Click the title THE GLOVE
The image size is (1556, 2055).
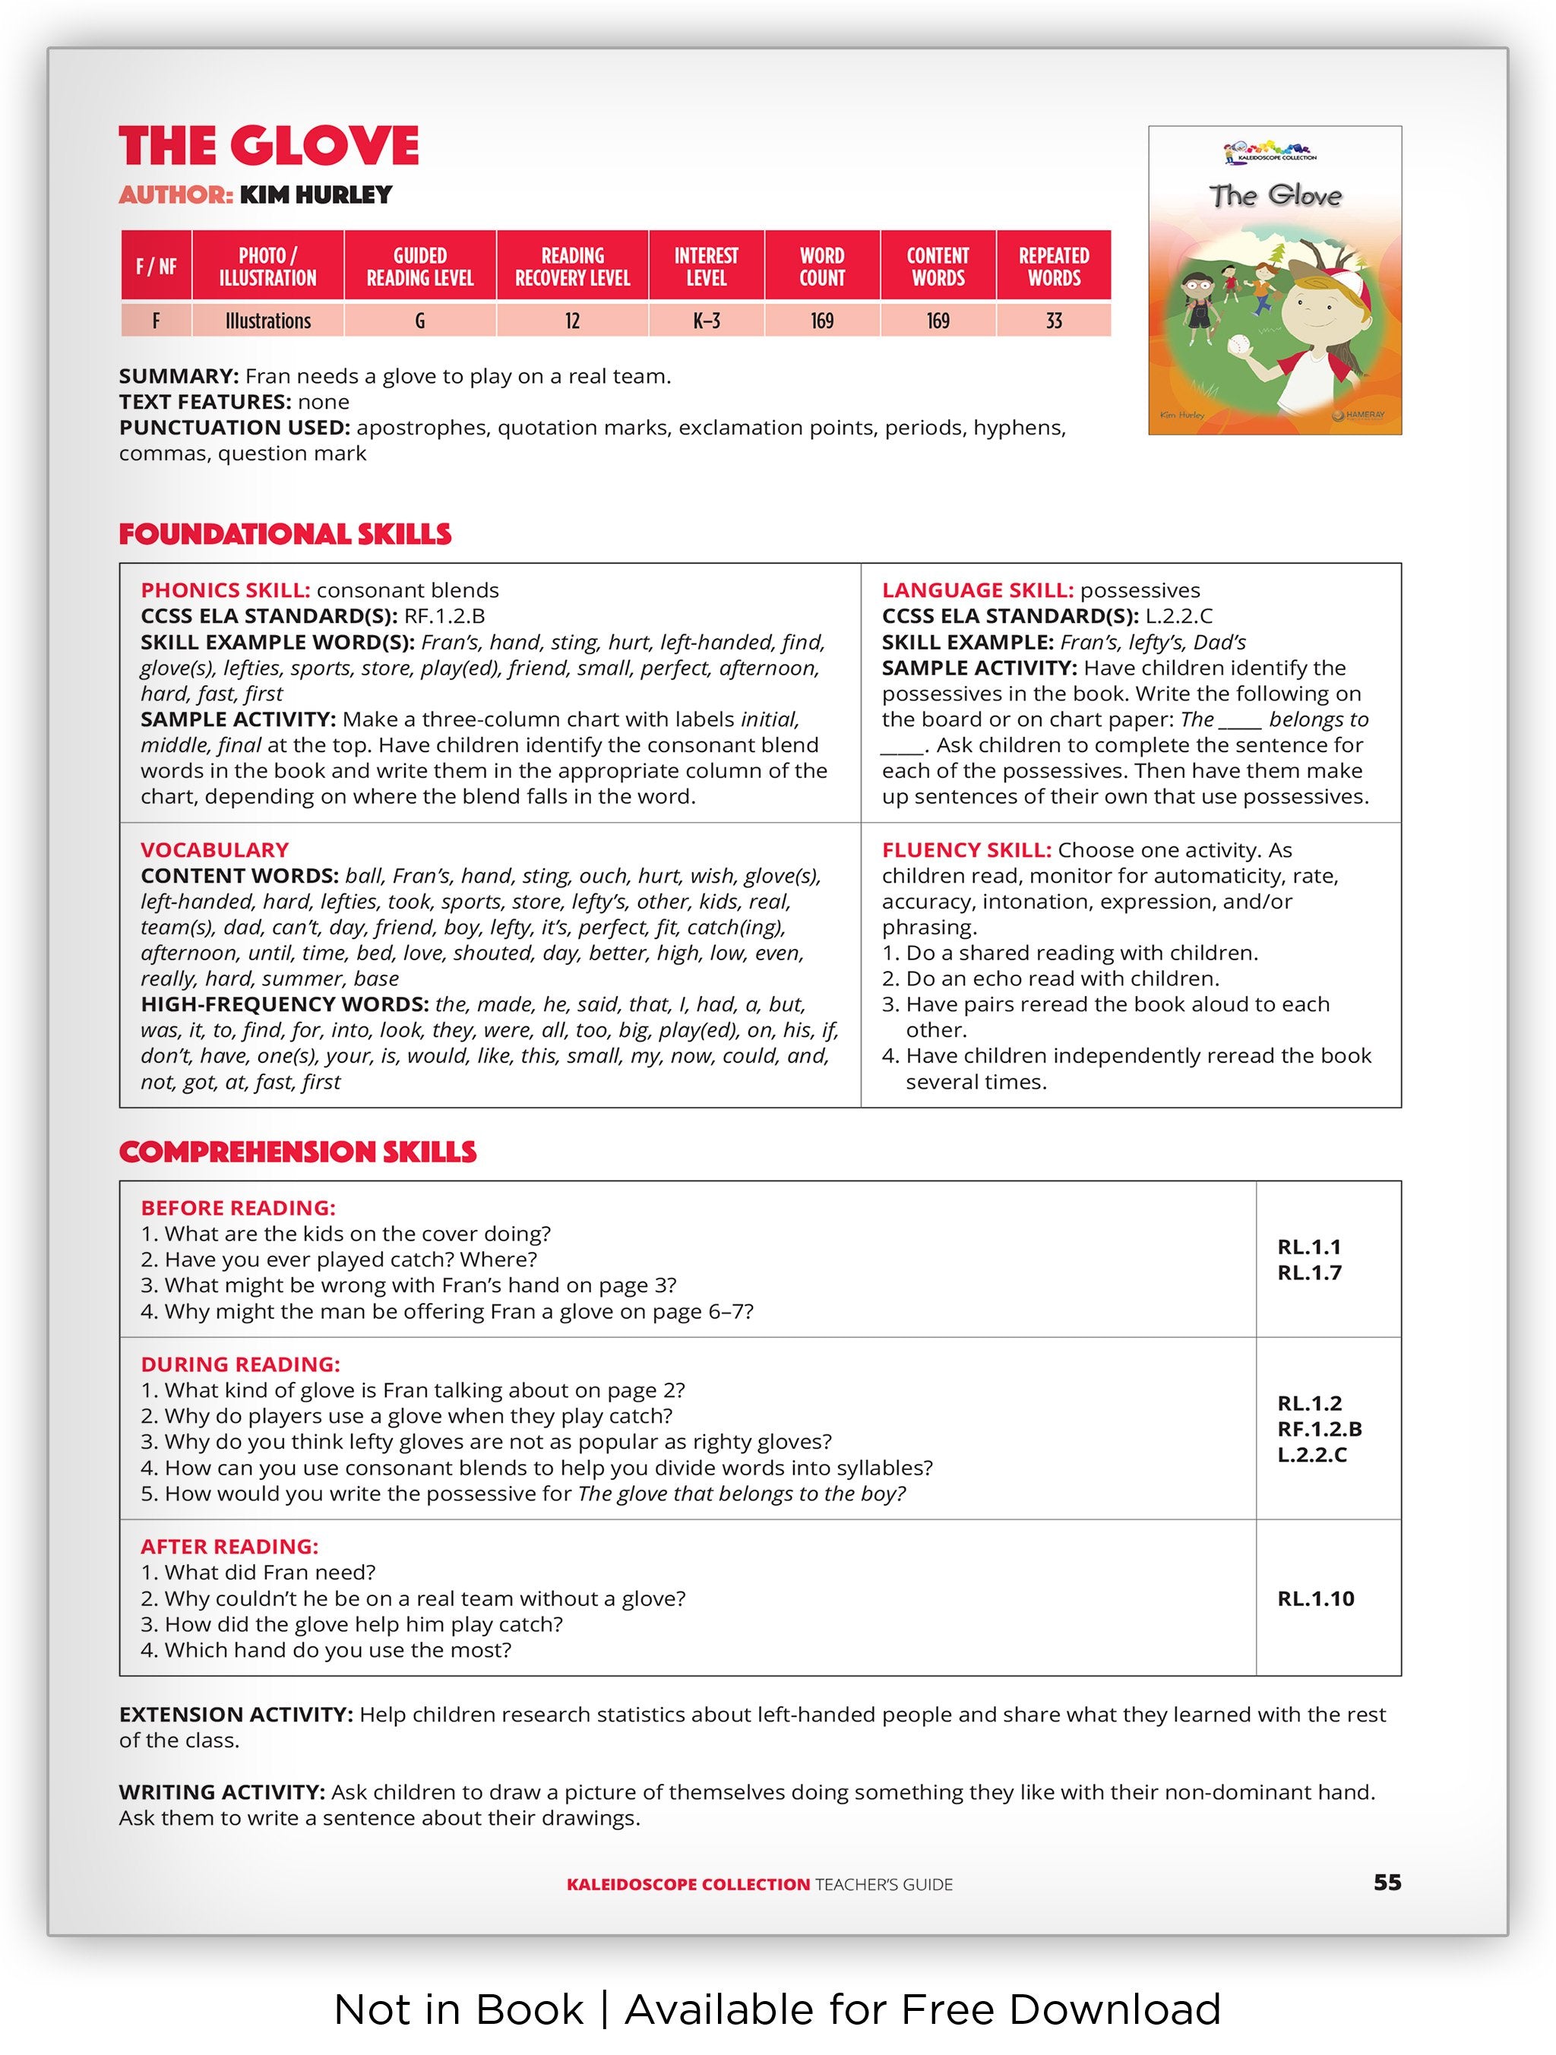pyautogui.click(x=268, y=146)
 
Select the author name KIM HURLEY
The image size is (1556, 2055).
pyautogui.click(x=316, y=195)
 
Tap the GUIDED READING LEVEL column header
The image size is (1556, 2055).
pyautogui.click(x=420, y=267)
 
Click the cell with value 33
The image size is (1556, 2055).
pyautogui.click(x=1054, y=321)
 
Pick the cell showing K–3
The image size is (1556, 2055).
pyautogui.click(x=706, y=321)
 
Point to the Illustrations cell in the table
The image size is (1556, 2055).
pyautogui.click(x=267, y=321)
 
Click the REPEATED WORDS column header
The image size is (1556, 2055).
pyautogui.click(x=1054, y=267)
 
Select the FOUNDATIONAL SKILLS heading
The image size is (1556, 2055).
pyautogui.click(x=285, y=534)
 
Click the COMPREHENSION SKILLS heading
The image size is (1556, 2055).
pyautogui.click(x=297, y=1152)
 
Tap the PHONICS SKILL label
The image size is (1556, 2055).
pyautogui.click(x=225, y=591)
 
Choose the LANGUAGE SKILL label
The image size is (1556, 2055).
pyautogui.click(x=977, y=591)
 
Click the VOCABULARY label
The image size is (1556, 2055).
pyautogui.click(x=214, y=850)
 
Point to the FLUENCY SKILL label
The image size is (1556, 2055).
pyautogui.click(x=966, y=850)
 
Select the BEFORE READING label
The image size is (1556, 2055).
pyautogui.click(x=238, y=1208)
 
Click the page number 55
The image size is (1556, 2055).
pyautogui.click(x=1387, y=1883)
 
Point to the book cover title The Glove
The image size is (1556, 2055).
pyautogui.click(x=1275, y=196)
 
